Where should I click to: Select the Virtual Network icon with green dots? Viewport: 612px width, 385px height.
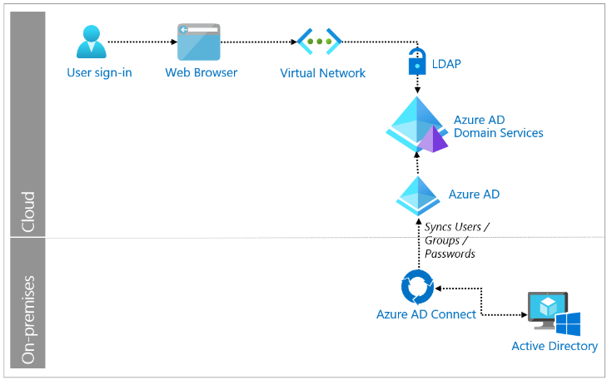point(320,41)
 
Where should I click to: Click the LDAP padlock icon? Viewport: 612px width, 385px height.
point(416,62)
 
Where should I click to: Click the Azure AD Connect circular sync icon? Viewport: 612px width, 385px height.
point(417,288)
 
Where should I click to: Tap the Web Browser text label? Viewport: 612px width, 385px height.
point(201,72)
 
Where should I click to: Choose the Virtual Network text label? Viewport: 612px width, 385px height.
point(323,73)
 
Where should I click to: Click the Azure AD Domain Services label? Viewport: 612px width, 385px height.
point(498,126)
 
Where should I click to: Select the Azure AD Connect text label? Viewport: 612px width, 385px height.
point(425,314)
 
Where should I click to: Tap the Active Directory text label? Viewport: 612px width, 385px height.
point(555,346)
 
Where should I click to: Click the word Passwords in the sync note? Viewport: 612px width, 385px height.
point(450,254)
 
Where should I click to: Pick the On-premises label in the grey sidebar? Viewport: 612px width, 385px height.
point(27,321)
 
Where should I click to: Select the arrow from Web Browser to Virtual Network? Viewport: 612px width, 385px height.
point(259,41)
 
